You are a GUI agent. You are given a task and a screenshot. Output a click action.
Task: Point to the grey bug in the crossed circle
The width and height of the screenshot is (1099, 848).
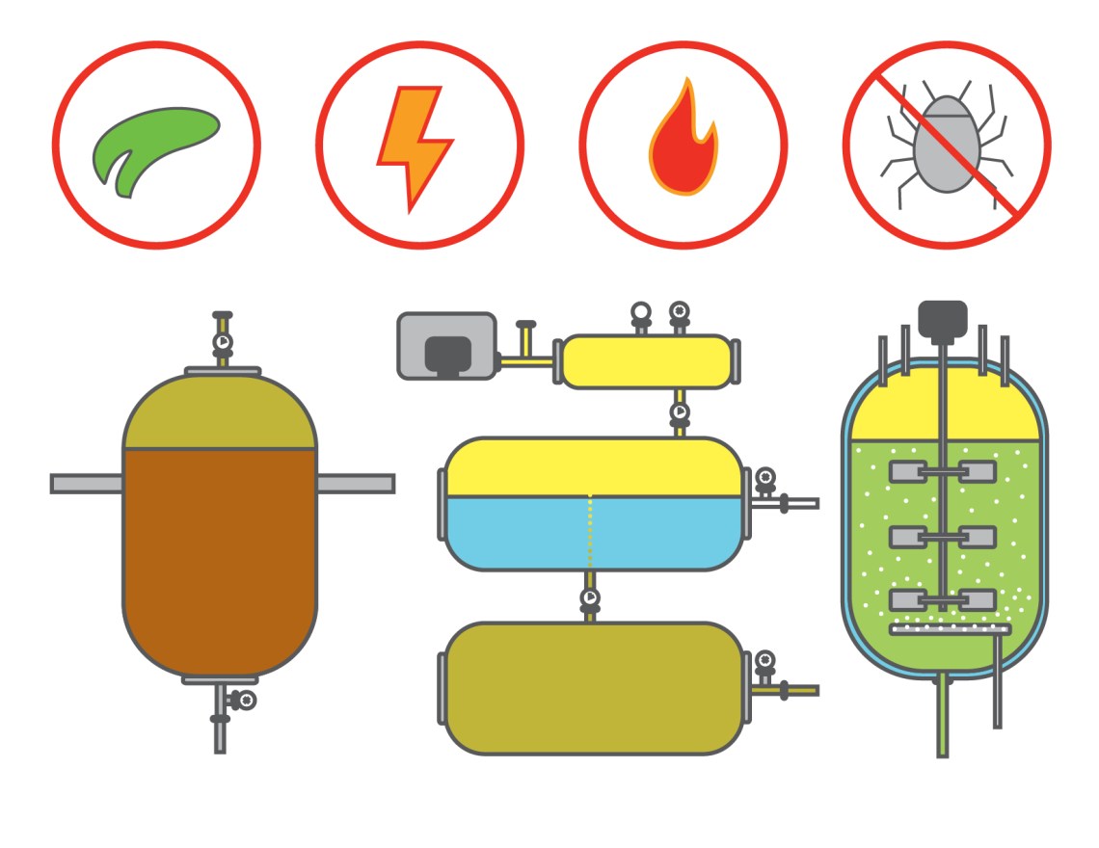coord(946,145)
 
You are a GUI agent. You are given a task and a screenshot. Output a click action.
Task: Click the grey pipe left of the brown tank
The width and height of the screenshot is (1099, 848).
coord(87,483)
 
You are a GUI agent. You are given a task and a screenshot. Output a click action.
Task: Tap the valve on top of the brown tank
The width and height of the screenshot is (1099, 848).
coord(222,341)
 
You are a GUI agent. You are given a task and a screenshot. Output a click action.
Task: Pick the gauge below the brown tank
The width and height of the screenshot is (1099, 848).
coord(247,701)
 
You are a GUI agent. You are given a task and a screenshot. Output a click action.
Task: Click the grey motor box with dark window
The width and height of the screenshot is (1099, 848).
coord(446,345)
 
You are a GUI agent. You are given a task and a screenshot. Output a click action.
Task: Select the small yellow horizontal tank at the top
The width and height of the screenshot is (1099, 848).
coord(646,362)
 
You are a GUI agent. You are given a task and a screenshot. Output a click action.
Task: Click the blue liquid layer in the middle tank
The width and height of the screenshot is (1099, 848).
coord(592,532)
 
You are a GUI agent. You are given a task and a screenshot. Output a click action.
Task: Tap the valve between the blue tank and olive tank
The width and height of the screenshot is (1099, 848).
coord(590,598)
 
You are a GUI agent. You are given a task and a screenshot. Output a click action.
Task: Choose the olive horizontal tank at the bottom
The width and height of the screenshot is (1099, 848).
coord(592,688)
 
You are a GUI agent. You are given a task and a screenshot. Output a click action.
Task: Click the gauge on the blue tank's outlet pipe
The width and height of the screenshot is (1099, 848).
coord(765,475)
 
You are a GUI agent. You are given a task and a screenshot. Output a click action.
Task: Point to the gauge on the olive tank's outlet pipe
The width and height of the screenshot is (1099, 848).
coord(765,660)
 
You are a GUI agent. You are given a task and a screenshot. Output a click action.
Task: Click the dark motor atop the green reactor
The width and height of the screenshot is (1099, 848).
coord(942,318)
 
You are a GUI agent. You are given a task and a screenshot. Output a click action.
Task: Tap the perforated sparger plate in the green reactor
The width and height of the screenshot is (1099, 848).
coord(950,629)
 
